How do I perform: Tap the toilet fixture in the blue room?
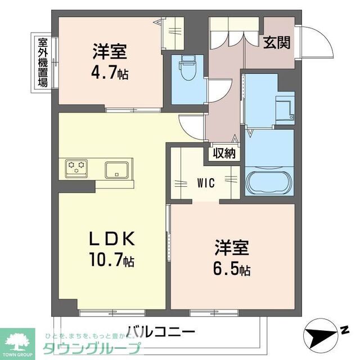pos(186,69)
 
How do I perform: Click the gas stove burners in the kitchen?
pos(76,166)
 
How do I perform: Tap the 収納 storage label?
pos(224,152)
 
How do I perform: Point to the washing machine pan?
pos(285,107)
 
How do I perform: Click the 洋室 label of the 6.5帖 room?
pos(231,248)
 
